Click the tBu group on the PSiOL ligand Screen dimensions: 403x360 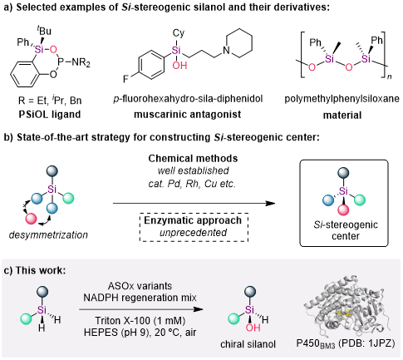coord(43,30)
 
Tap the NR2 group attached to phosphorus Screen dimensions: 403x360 coord(81,62)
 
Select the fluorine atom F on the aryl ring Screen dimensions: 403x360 coord(126,79)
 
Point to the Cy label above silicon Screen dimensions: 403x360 coord(179,33)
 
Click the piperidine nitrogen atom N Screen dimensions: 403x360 coord(227,51)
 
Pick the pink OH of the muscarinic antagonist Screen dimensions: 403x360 coord(179,66)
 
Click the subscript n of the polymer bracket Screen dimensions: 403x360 coord(390,76)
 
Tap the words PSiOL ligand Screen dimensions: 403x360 coord(50,114)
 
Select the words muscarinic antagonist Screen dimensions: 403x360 coord(188,114)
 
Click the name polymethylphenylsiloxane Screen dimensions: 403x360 coord(342,99)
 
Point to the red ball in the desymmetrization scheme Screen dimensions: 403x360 coord(31,219)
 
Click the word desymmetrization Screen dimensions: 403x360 coord(48,235)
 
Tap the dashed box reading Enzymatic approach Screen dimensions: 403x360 coord(194,227)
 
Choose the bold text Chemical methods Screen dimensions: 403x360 coord(193,158)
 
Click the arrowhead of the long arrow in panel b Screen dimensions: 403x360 coord(270,204)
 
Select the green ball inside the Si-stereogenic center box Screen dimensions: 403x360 coord(360,200)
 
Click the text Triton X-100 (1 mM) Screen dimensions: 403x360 coord(140,321)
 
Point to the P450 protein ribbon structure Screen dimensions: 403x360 coord(346,307)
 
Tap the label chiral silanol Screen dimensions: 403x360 coord(248,344)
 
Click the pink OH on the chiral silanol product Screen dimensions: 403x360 coord(253,328)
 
